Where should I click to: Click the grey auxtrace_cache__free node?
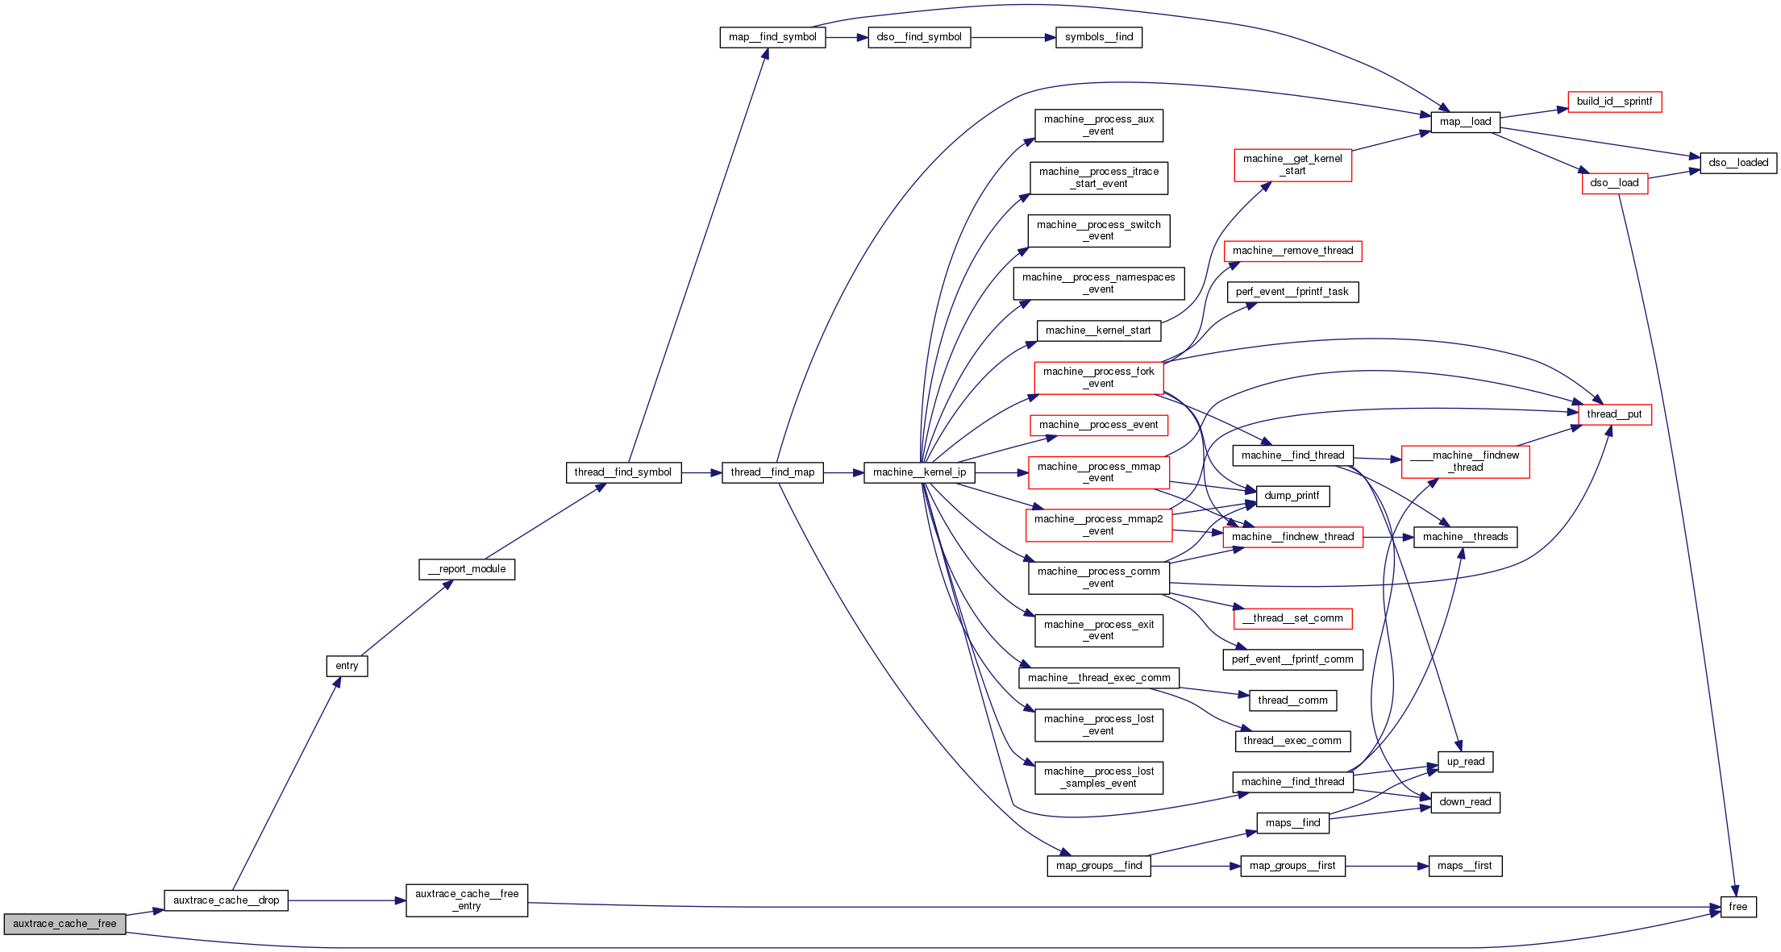point(64,924)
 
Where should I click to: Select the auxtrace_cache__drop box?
point(226,900)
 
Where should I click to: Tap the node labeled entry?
point(347,666)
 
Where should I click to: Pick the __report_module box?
point(467,569)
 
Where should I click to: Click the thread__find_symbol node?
point(623,472)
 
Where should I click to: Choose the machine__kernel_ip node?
point(919,472)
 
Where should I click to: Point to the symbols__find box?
point(1099,37)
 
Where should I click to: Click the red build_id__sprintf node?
point(1614,102)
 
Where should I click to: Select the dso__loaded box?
point(1738,163)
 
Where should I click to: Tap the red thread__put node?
point(1614,414)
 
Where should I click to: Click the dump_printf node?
point(1292,496)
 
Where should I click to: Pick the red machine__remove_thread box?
point(1292,251)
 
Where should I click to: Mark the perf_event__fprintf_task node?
point(1292,292)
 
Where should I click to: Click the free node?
point(1738,907)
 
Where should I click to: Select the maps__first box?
point(1465,866)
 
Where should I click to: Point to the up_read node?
point(1465,762)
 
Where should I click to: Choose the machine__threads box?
point(1465,537)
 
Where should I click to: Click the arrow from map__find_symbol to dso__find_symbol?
point(847,37)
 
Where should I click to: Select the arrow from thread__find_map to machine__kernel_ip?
point(843,472)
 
